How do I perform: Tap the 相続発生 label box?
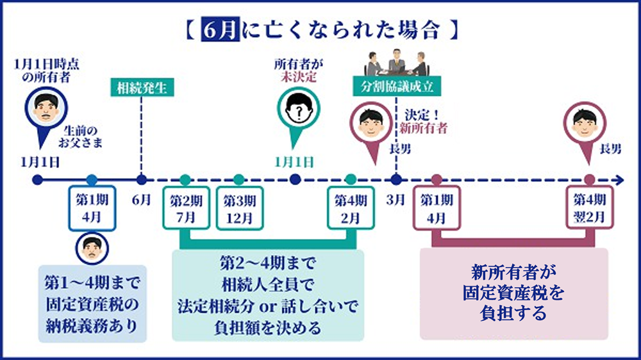coord(142,88)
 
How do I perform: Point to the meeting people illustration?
coord(395,62)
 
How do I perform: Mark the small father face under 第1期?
coord(91,246)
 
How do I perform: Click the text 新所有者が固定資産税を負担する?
coord(513,293)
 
